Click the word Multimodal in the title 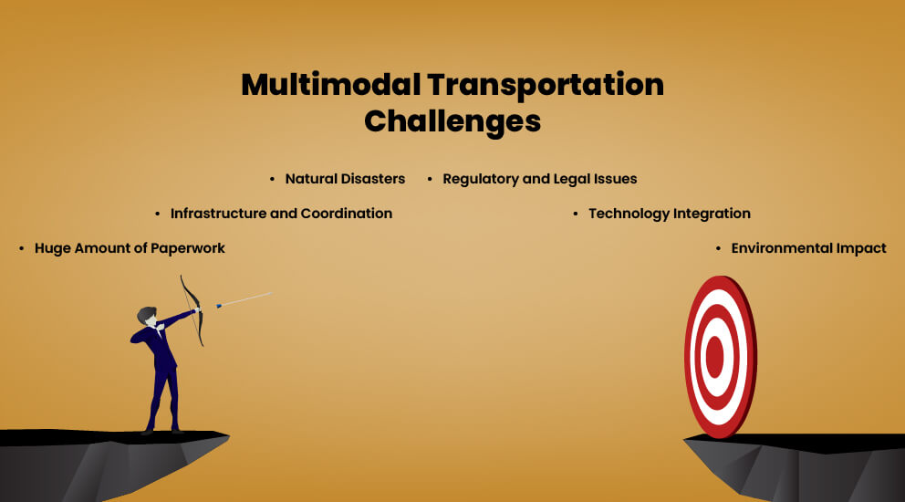331,84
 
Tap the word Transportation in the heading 546,86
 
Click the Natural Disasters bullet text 345,179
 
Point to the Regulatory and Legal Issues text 540,180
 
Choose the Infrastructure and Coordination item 281,214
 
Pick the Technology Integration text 670,214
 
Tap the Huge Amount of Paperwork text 130,249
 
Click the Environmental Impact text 808,248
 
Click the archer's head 147,317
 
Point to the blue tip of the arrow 219,305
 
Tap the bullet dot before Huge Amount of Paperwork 21,249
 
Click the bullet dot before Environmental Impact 718,249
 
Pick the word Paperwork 188,249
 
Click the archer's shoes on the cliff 162,431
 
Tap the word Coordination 347,214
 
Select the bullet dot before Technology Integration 576,214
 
